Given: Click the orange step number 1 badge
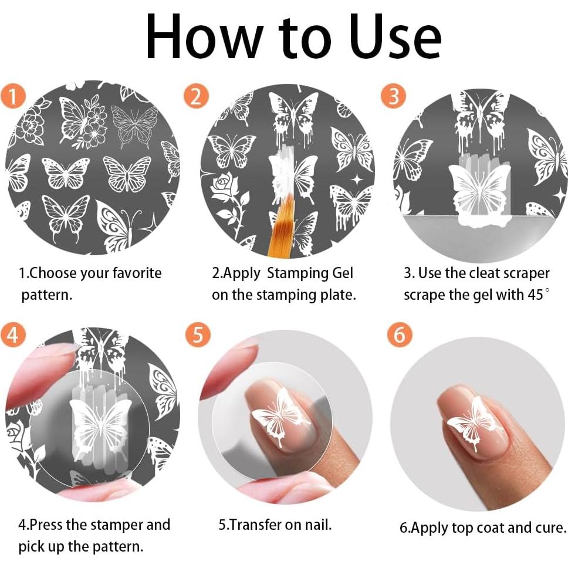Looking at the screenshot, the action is (13, 96).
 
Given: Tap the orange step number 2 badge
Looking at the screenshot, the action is (197, 96).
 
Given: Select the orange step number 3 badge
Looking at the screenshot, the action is (393, 96).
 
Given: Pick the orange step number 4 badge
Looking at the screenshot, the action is (13, 334).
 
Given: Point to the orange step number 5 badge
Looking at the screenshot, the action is (198, 334).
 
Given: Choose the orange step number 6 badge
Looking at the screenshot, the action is (400, 334).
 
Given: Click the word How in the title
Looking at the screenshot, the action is (205, 37).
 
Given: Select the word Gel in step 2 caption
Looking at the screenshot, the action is (342, 273).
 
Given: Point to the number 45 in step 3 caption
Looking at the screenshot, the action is (535, 295).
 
